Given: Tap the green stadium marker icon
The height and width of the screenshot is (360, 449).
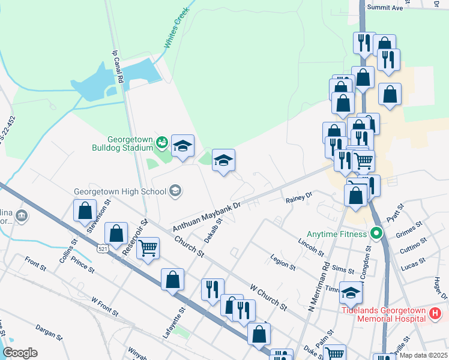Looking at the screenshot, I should tap(161, 142).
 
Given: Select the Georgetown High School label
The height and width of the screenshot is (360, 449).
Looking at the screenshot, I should tap(119, 192).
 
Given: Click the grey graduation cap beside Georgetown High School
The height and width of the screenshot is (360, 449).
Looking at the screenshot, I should tap(175, 191).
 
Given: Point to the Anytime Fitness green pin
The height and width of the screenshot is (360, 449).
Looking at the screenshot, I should tap(376, 233).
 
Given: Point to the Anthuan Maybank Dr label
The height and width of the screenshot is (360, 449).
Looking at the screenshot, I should tap(206, 217).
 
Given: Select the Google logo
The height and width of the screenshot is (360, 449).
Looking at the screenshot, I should tap(20, 353).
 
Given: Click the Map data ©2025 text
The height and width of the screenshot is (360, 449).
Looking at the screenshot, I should tap(423, 355).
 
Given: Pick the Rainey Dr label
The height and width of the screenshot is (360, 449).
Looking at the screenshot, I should tap(299, 196).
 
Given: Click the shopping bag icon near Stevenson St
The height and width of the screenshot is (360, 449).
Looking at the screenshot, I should tap(85, 211).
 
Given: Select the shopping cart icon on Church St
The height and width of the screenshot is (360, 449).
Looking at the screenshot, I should tap(148, 248).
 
